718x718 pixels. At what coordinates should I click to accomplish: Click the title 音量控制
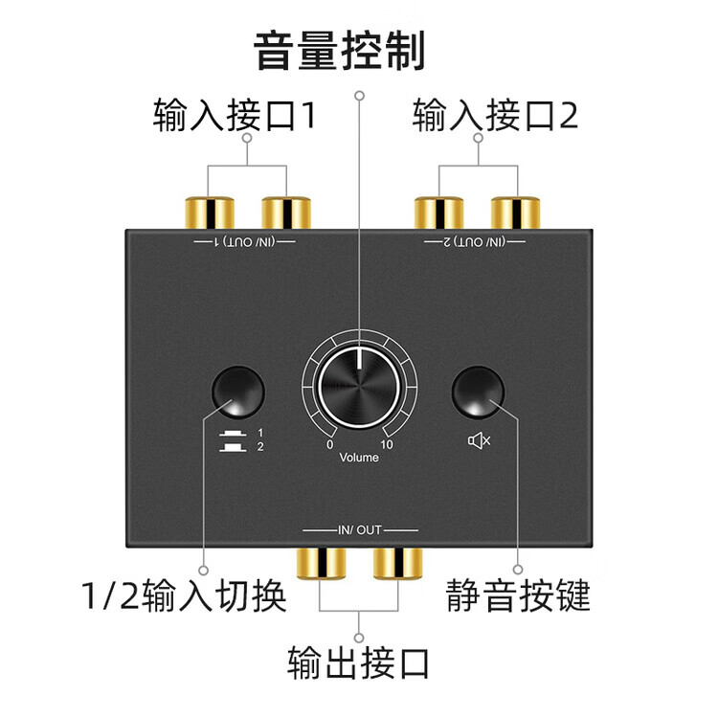click(x=339, y=51)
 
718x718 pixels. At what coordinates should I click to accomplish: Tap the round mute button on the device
click(x=478, y=392)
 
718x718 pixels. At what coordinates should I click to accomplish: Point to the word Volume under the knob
click(x=359, y=458)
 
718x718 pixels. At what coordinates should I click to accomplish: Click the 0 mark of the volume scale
click(x=330, y=444)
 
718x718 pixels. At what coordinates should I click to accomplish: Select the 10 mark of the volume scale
click(x=388, y=444)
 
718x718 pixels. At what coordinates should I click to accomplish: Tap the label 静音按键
click(x=518, y=596)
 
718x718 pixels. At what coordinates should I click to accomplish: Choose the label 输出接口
click(x=359, y=662)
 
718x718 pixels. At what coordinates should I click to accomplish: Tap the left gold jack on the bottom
click(x=321, y=562)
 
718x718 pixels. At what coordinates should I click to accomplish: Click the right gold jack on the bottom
click(x=397, y=562)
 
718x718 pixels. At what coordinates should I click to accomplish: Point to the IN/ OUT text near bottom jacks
click(x=360, y=529)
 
